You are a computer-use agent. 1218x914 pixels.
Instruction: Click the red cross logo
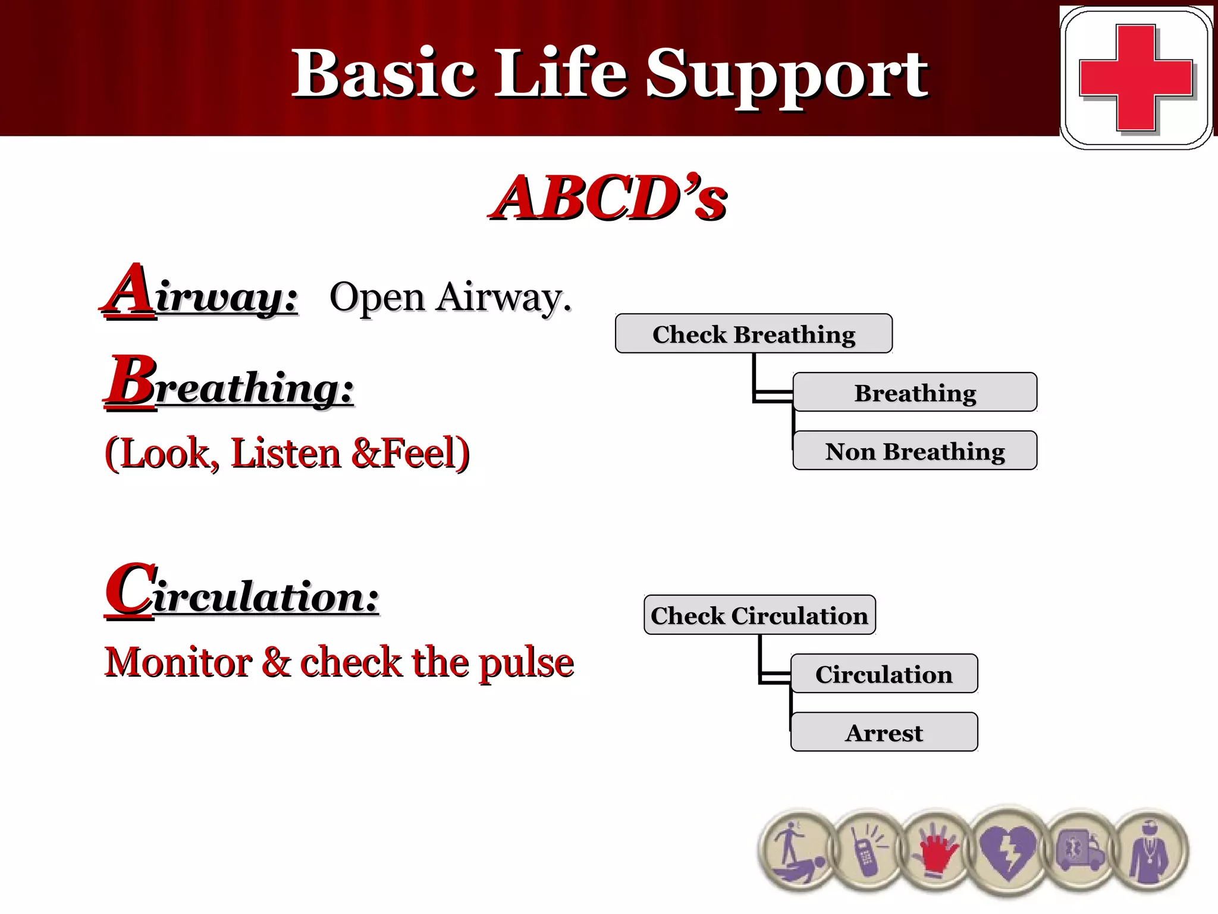[1135, 78]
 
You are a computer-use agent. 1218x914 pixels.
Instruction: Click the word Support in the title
[786, 74]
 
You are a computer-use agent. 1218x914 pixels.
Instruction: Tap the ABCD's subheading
[608, 198]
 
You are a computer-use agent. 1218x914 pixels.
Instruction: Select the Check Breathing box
[754, 334]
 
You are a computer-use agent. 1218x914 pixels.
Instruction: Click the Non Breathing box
[915, 451]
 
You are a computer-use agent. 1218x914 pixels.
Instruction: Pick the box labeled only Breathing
[915, 393]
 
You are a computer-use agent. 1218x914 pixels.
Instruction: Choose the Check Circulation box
[759, 615]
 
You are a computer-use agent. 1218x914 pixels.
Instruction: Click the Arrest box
[884, 733]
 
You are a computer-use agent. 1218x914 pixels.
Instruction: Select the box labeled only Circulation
[884, 674]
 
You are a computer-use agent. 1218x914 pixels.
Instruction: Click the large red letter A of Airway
[130, 290]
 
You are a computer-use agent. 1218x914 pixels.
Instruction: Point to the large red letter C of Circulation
[130, 590]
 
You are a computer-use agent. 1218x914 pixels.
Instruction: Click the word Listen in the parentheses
[285, 453]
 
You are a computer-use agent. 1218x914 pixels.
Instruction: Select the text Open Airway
[450, 297]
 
